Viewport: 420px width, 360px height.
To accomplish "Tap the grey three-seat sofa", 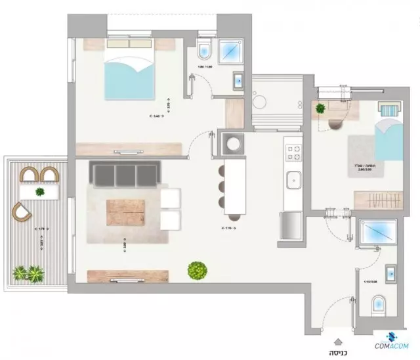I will click(125, 175).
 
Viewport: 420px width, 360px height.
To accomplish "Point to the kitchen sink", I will click(293, 178).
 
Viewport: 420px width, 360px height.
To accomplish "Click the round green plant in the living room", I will click(196, 269).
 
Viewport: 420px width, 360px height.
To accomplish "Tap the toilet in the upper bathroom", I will click(203, 49).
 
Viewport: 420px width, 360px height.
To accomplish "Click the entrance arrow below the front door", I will click(337, 340).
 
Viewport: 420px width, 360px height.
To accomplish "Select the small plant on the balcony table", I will click(40, 192).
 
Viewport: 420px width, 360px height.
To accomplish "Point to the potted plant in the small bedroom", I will click(321, 109).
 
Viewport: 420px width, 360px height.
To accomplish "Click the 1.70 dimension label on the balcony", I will click(40, 228).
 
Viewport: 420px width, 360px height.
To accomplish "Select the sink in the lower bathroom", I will click(391, 273).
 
